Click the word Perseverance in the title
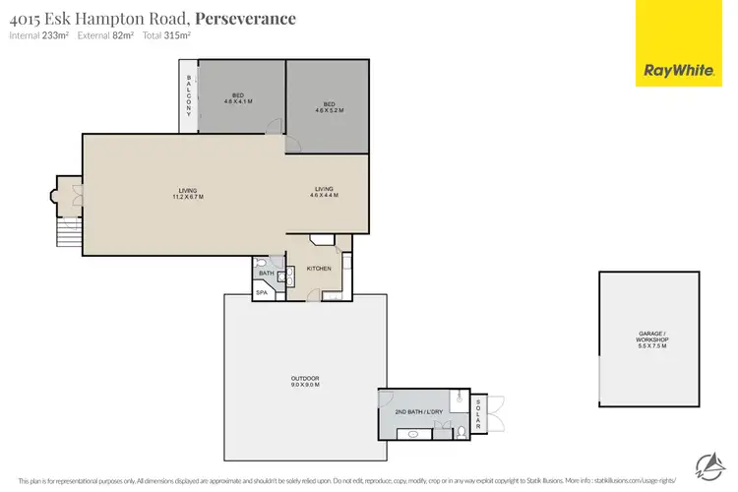tap(246, 19)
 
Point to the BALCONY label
tap(188, 95)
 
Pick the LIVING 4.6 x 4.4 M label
tap(326, 192)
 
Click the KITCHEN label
tap(319, 268)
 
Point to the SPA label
tap(262, 292)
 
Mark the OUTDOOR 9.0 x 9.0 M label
tap(304, 382)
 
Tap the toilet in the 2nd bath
tap(461, 431)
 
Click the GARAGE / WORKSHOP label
tap(652, 341)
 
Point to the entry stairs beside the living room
tap(68, 234)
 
